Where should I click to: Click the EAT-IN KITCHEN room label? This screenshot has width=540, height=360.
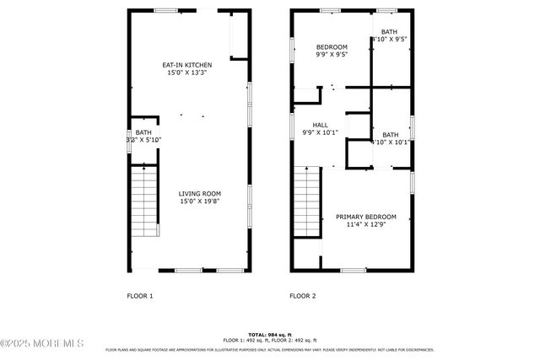(186, 65)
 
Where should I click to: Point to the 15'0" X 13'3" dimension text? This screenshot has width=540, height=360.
(186, 73)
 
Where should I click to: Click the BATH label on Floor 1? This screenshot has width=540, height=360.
(143, 132)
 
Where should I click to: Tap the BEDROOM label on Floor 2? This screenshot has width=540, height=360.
(332, 46)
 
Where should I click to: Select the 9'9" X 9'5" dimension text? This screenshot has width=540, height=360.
(332, 55)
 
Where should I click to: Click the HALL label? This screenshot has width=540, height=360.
(320, 124)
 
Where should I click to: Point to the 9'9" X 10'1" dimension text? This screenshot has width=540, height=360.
(320, 132)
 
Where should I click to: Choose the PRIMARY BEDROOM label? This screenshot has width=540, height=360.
(365, 217)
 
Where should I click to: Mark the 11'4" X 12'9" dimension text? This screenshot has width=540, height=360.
(365, 225)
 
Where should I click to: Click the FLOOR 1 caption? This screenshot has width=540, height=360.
(140, 296)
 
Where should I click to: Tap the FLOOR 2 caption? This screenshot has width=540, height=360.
(303, 296)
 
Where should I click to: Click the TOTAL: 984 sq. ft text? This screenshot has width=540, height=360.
(269, 335)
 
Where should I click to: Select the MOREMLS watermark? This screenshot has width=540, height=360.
(42, 343)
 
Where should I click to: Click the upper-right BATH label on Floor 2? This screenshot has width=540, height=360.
(388, 32)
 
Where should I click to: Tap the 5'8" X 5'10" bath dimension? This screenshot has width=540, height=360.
(143, 140)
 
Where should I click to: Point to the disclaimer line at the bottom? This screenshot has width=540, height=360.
(269, 349)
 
